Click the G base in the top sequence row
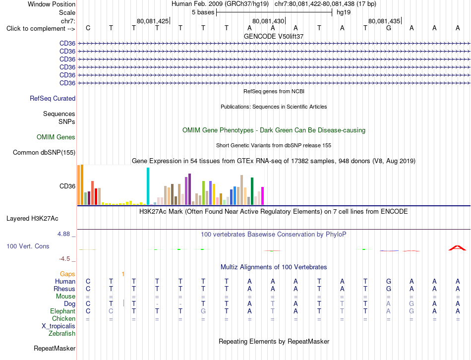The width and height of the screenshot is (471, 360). click(x=388, y=28)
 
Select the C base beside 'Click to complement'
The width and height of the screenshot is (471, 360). click(x=88, y=28)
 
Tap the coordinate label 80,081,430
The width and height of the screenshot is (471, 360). click(x=268, y=21)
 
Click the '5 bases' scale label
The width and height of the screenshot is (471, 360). click(x=203, y=12)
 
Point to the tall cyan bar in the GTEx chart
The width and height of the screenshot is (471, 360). click(x=148, y=186)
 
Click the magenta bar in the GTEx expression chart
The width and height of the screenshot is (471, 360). click(x=263, y=196)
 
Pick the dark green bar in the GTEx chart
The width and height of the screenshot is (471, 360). click(x=252, y=191)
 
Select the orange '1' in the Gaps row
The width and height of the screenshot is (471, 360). click(x=123, y=274)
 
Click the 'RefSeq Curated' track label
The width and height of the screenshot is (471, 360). click(x=53, y=99)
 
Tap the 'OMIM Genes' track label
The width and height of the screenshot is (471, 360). click(x=56, y=137)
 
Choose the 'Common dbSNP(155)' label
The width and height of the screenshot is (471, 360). click(x=44, y=153)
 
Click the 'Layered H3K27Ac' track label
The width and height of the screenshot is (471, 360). click(x=32, y=219)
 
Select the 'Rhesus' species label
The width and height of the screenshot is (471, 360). click(x=64, y=289)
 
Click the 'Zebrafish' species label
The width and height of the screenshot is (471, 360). click(x=62, y=334)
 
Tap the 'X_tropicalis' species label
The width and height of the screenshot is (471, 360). click(x=59, y=326)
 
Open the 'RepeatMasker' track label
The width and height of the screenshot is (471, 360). click(x=55, y=349)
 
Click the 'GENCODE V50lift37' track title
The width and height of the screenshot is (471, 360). click(x=274, y=36)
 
